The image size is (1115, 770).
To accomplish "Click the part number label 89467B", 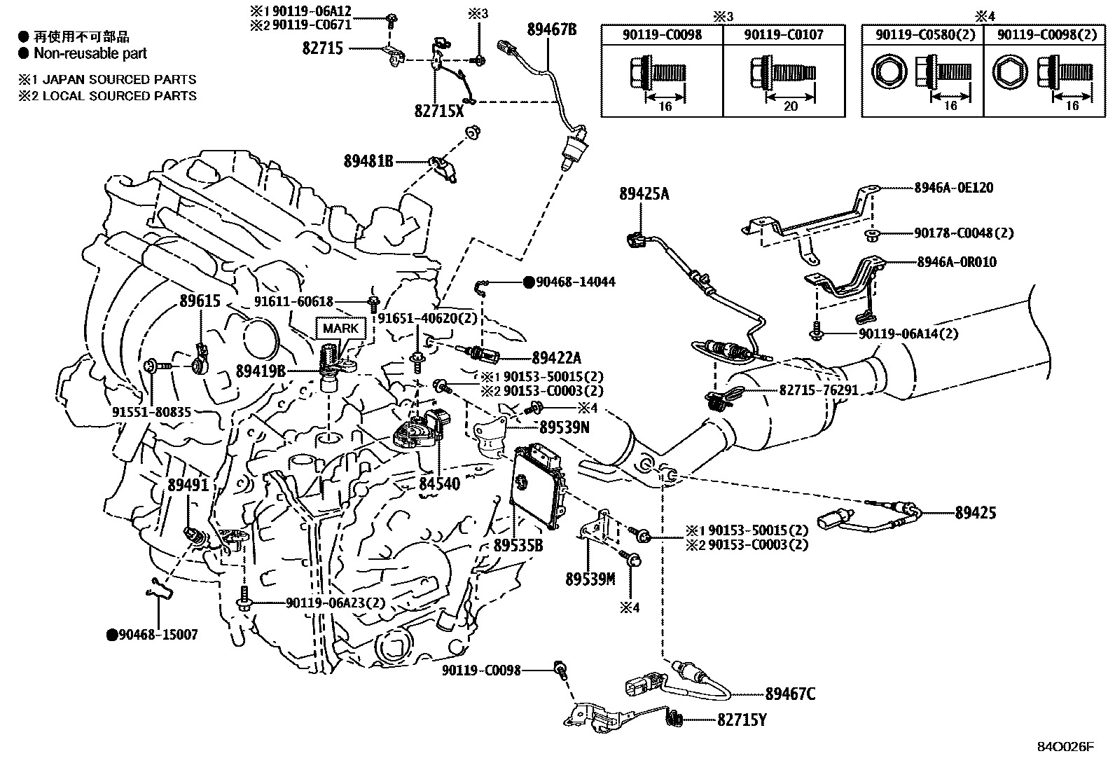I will [552, 29].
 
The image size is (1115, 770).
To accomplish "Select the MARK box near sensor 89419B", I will [340, 328].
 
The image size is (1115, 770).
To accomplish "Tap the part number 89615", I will [200, 302].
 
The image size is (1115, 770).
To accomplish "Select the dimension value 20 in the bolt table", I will [791, 106].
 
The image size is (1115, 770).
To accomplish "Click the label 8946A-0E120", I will [953, 188].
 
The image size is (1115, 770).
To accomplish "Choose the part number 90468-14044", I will [576, 282].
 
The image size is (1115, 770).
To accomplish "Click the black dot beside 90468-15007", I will [111, 635].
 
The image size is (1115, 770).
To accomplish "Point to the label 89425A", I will [644, 193].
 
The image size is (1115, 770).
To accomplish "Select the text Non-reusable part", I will [90, 53].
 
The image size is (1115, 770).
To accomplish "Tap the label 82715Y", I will [741, 720].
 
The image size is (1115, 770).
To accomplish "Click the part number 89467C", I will [790, 694].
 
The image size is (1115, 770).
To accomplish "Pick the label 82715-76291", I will [818, 390].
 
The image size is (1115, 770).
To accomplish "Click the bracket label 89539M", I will [590, 579].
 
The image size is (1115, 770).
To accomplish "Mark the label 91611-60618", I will [293, 301].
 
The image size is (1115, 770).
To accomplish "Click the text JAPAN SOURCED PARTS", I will [119, 80].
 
